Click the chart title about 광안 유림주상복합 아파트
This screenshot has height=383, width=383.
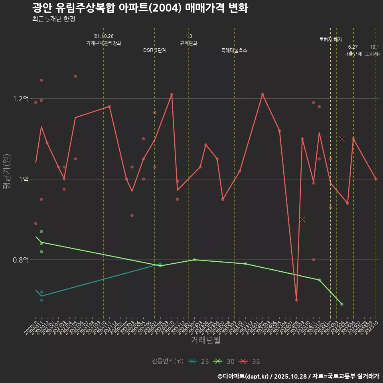pos(140,8)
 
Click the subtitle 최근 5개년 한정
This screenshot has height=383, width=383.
pos(53,19)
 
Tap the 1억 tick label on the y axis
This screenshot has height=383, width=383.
pos(24,179)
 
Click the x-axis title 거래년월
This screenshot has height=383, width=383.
pos(205,340)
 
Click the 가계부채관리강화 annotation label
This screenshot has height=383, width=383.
pos(104,43)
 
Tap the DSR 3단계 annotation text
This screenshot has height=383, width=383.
pos(155,50)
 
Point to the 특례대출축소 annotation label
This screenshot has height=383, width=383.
pos(234,50)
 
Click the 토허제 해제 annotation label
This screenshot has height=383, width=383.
pos(331,39)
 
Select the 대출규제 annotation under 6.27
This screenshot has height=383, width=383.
pos(353,54)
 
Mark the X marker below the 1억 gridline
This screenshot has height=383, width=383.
pos(302,219)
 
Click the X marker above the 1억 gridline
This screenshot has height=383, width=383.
pos(342,138)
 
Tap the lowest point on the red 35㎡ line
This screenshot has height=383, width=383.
pos(296,300)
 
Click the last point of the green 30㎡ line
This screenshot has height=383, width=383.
pos(342,304)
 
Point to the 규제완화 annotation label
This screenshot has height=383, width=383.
pos(189,43)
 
